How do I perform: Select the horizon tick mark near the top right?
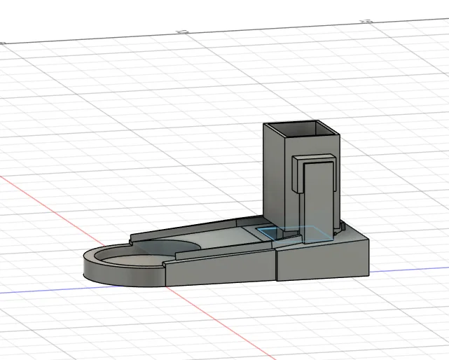(364, 21)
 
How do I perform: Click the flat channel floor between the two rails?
(224, 240)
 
